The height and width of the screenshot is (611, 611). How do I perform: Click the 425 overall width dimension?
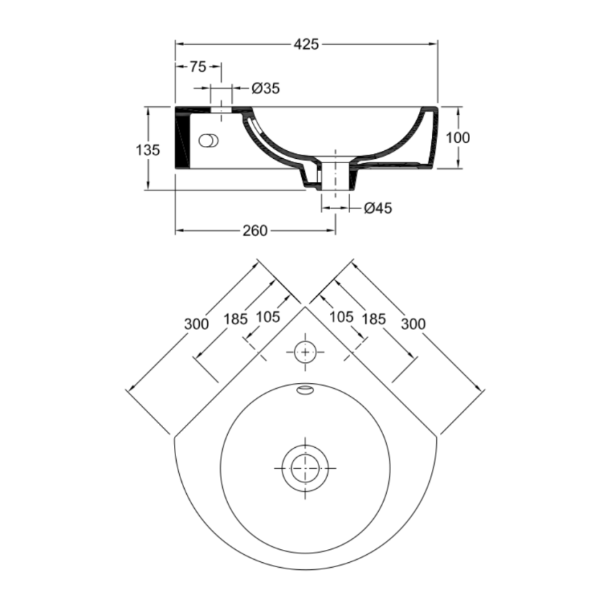(x=306, y=45)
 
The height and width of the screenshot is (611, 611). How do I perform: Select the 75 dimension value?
(x=198, y=67)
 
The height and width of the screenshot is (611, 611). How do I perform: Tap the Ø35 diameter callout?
(x=266, y=88)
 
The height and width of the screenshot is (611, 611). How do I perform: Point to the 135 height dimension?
(x=147, y=150)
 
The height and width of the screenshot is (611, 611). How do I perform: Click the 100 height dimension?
(x=457, y=138)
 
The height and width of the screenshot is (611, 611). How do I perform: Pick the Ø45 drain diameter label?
(x=378, y=208)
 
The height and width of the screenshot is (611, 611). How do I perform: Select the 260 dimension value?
(x=254, y=230)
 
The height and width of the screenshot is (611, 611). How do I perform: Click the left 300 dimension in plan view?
(x=196, y=324)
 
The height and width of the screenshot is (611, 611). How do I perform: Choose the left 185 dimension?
(x=235, y=318)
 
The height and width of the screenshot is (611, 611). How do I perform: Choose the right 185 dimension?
(x=374, y=318)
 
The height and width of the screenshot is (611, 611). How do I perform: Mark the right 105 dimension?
(x=341, y=317)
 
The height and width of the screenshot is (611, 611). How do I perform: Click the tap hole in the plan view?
(x=305, y=352)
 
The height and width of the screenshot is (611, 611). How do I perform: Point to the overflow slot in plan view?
(x=305, y=390)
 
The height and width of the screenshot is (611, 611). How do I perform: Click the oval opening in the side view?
(x=210, y=141)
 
